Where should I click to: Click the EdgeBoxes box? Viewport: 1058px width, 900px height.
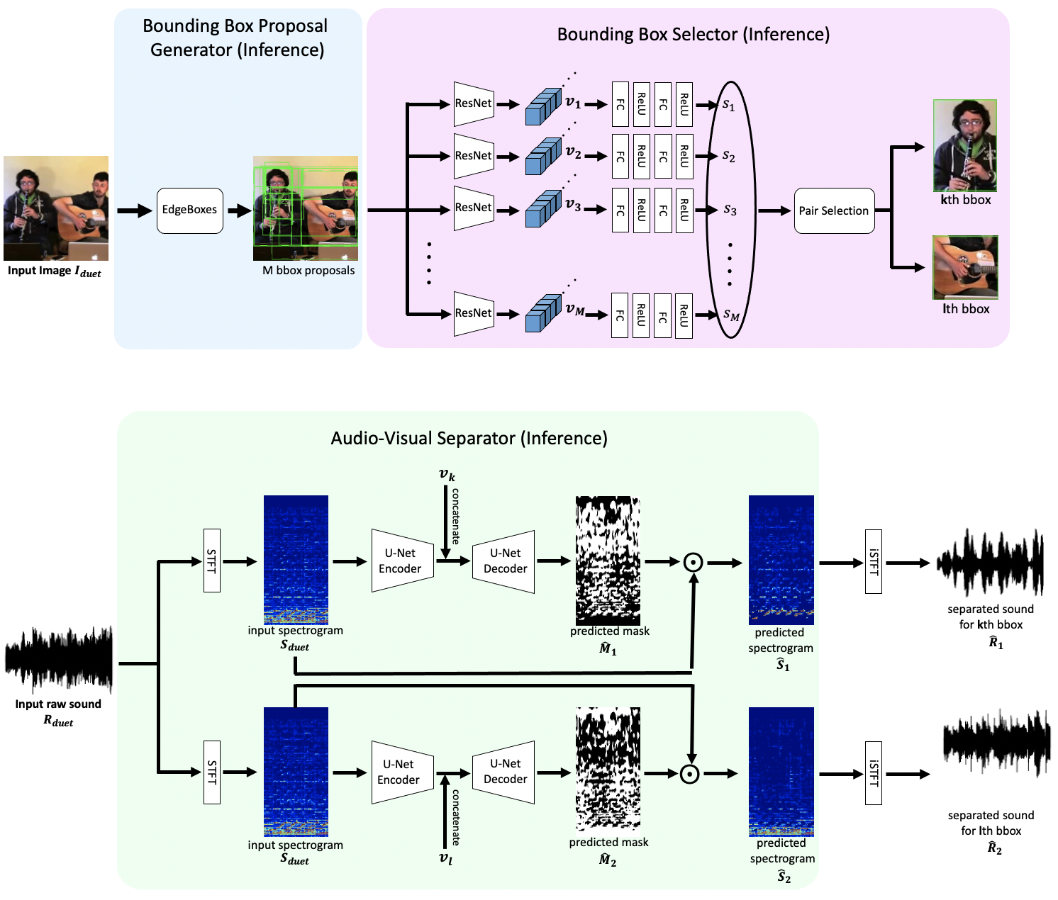point(189,210)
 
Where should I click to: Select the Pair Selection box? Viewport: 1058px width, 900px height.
point(834,210)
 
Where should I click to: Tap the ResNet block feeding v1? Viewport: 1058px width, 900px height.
point(474,103)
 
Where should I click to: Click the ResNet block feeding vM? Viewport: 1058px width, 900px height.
point(474,313)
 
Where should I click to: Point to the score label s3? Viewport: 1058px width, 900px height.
point(730,210)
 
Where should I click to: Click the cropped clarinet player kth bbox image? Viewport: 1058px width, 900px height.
point(965,145)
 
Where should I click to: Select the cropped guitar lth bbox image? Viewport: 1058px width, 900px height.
point(965,267)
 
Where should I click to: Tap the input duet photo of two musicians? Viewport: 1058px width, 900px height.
point(56,208)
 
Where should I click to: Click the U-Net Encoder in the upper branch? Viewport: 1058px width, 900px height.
point(402,561)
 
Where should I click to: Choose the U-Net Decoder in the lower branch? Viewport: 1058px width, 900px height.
point(504,772)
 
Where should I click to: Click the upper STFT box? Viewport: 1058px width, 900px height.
point(211,561)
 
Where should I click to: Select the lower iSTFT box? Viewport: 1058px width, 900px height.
point(873,772)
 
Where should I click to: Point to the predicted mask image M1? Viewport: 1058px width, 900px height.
point(608,560)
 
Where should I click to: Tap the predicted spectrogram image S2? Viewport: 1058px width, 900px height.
point(781,772)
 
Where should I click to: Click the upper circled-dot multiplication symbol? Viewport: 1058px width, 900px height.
point(693,563)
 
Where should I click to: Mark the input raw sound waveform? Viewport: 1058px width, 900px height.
point(59,659)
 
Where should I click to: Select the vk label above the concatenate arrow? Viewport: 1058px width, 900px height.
point(447,475)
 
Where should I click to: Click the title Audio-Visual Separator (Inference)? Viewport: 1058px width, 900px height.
point(469,439)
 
